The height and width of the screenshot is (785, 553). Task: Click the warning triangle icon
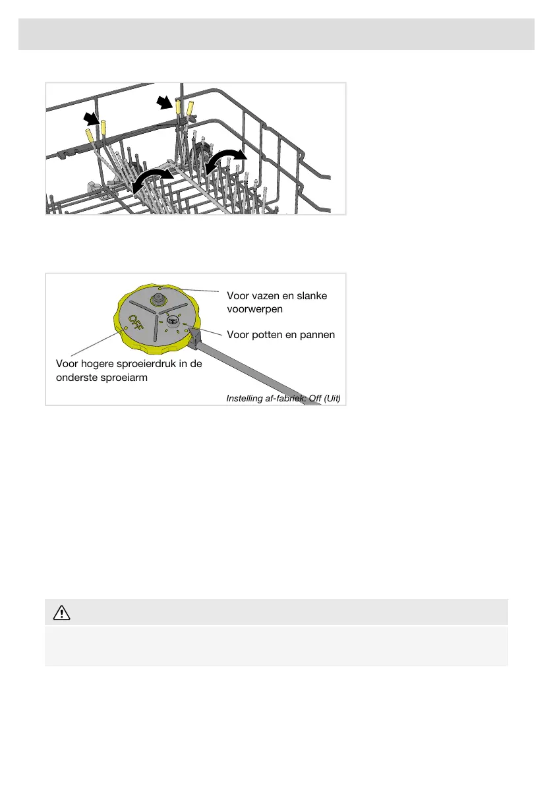point(61,612)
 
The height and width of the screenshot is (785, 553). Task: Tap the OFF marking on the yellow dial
point(136,324)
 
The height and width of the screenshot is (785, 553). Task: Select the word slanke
point(312,296)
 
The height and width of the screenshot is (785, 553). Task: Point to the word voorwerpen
point(254,309)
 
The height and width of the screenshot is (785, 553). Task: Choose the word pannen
point(318,335)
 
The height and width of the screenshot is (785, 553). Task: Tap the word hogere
point(98,364)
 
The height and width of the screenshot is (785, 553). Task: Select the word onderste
point(76,378)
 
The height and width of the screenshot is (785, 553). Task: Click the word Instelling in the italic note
point(245,399)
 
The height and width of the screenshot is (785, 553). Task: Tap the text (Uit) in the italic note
point(332,399)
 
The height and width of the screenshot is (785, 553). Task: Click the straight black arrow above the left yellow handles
point(92,119)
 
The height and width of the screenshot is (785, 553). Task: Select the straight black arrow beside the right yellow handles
point(165,103)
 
